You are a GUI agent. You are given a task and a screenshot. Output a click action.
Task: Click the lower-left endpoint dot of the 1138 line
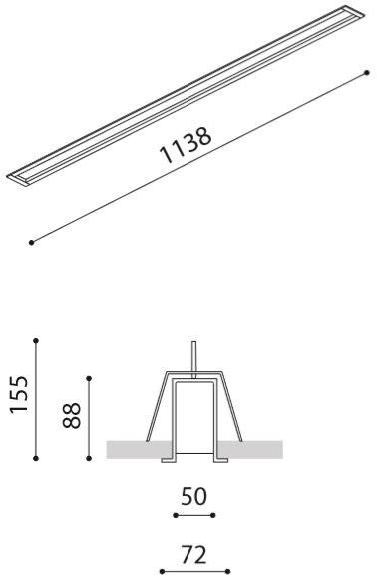(33, 241)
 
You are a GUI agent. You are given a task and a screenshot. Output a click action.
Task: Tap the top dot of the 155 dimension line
(36, 340)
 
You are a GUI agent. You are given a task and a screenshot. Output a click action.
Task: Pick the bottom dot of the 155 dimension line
(36, 458)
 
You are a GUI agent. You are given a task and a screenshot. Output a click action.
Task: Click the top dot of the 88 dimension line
(91, 378)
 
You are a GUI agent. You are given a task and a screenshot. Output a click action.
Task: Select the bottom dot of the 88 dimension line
(91, 458)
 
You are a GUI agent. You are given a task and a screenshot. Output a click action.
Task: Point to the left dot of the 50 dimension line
(175, 515)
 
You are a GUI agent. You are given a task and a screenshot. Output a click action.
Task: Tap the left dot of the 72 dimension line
(162, 571)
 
